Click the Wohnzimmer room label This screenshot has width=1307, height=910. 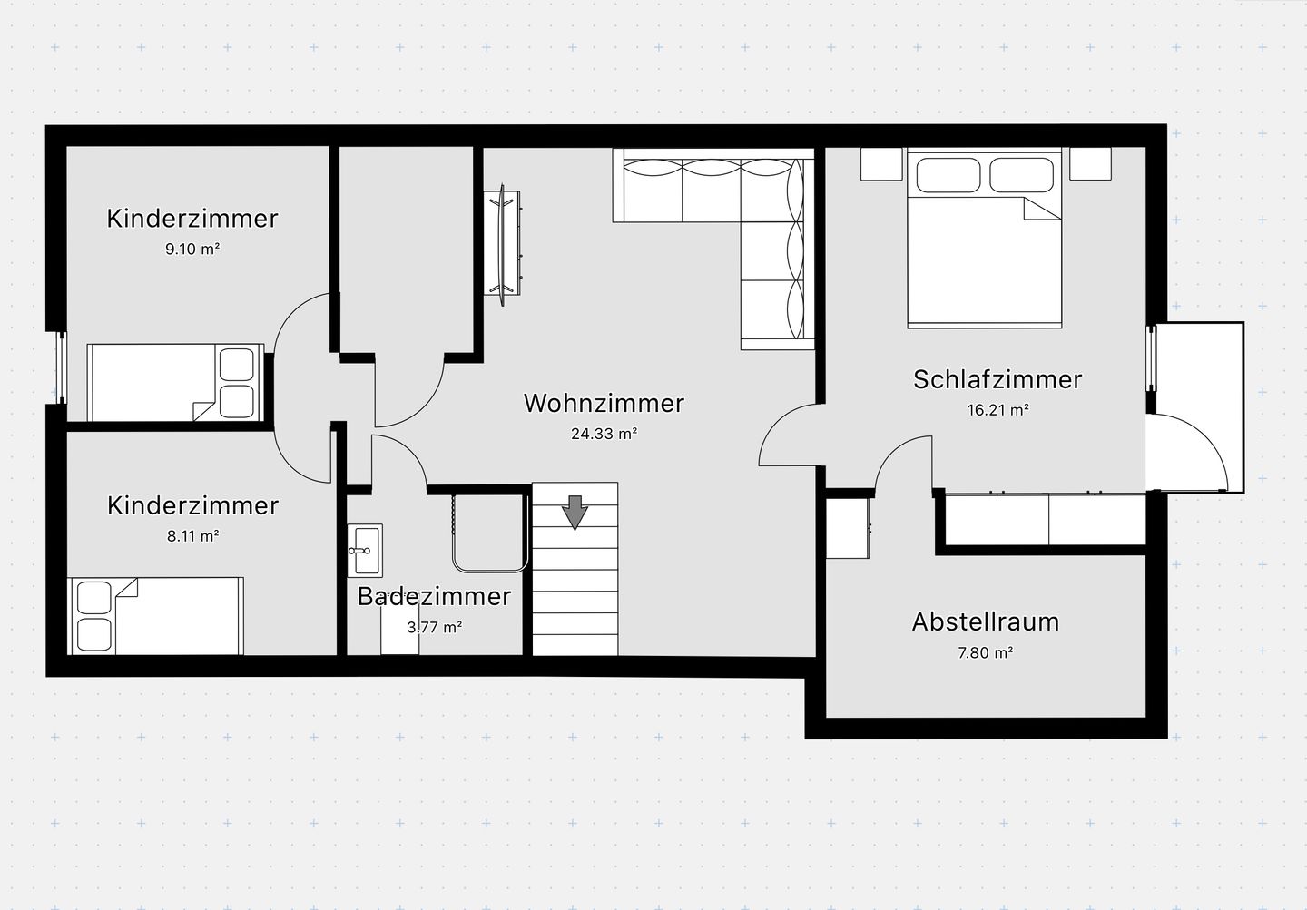[604, 403]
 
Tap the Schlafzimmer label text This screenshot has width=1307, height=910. [997, 379]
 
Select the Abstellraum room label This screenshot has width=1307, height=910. [986, 621]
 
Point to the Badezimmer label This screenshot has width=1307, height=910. [434, 596]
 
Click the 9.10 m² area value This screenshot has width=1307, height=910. [192, 250]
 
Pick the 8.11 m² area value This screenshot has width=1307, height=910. [192, 535]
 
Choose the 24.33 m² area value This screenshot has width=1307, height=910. [604, 434]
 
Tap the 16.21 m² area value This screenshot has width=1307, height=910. [997, 409]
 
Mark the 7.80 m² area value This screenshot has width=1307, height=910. [986, 652]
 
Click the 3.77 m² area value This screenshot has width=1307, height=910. [434, 627]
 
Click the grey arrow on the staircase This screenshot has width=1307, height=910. [575, 513]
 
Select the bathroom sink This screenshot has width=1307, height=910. [365, 550]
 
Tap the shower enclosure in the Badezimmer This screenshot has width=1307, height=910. [490, 533]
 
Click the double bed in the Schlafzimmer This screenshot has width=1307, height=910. [984, 238]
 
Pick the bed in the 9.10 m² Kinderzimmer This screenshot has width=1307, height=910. [176, 382]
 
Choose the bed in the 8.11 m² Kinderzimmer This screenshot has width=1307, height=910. [156, 616]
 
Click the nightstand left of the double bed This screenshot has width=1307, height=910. [881, 164]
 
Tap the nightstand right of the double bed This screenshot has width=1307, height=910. [1090, 164]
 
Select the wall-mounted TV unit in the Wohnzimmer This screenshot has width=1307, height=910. [502, 243]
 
